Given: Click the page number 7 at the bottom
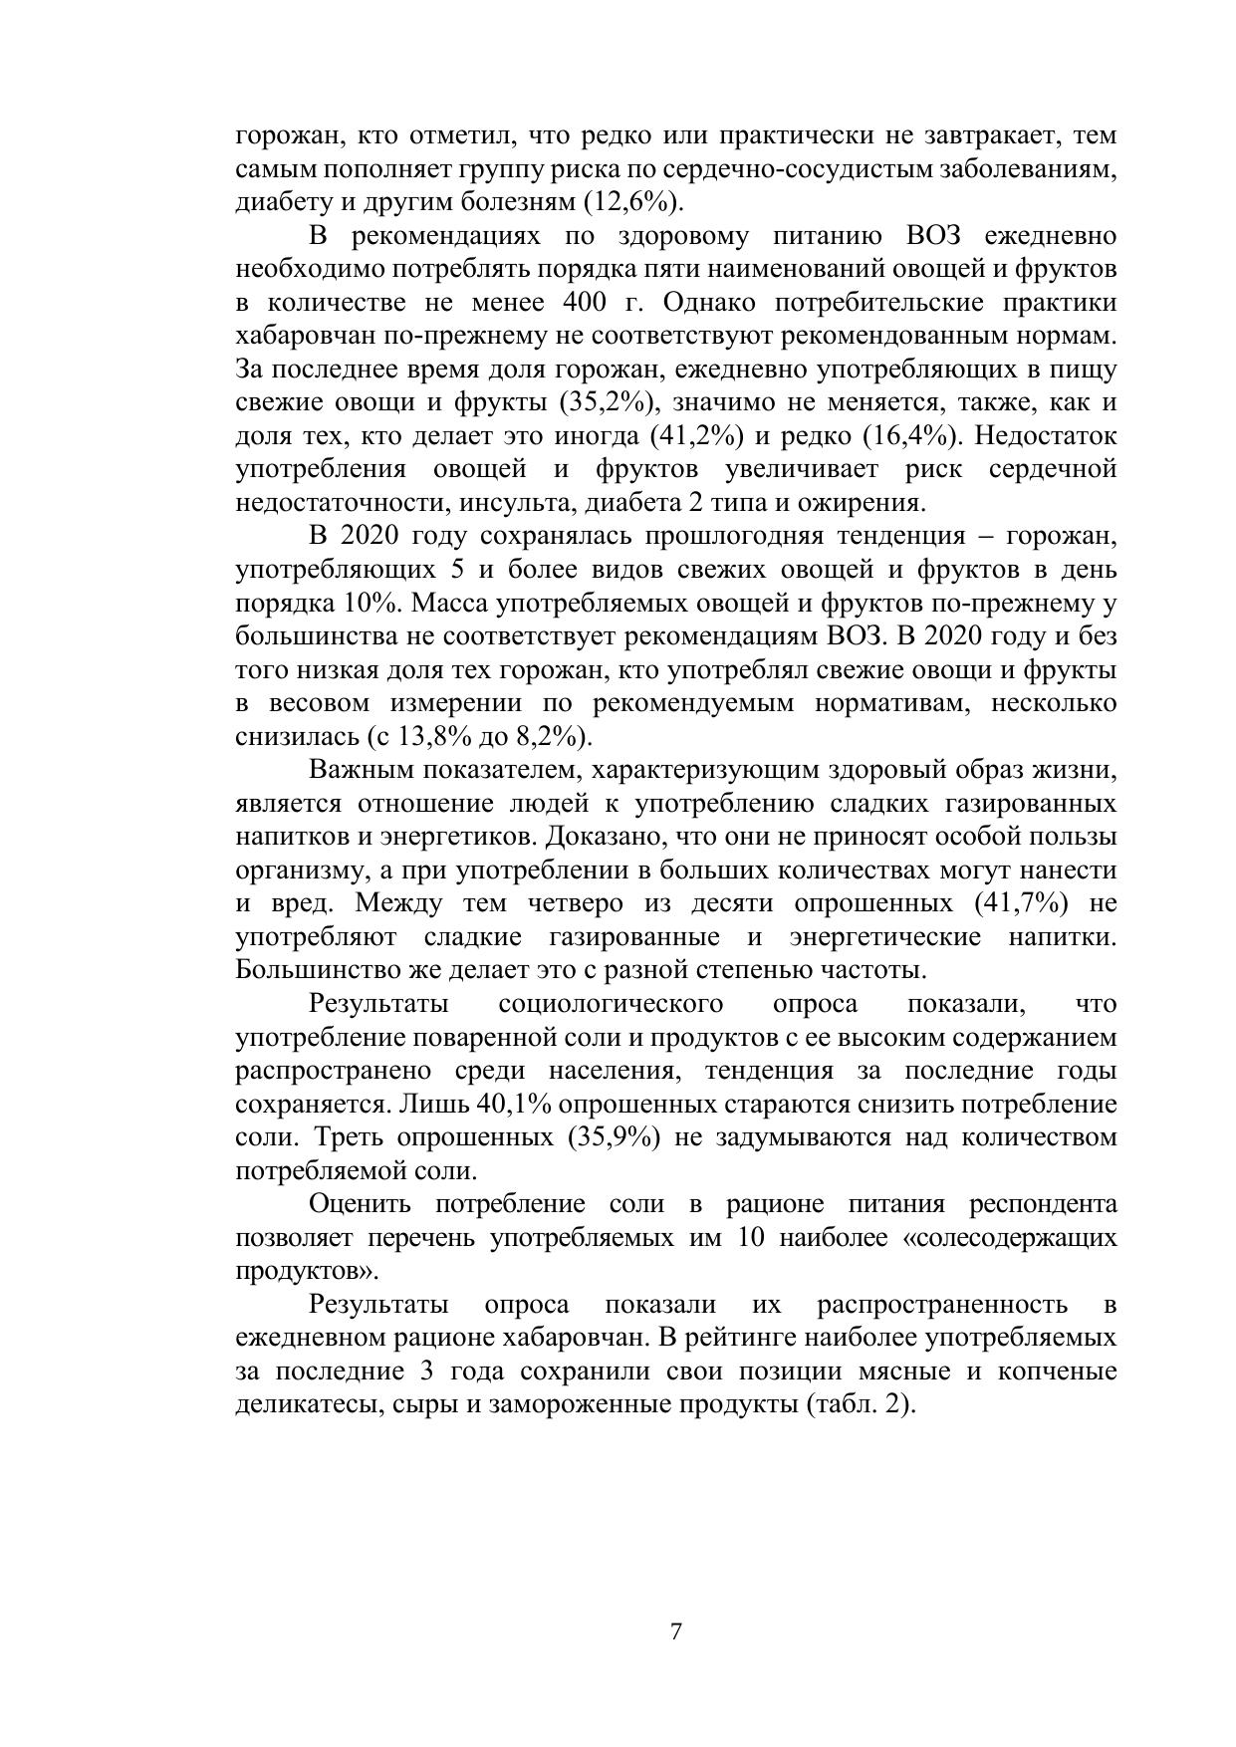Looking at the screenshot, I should pos(676,1631).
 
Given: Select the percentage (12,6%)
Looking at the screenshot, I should pos(638,202).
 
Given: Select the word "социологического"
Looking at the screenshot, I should pos(611,1003).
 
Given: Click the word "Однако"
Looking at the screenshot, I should pos(709,303).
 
